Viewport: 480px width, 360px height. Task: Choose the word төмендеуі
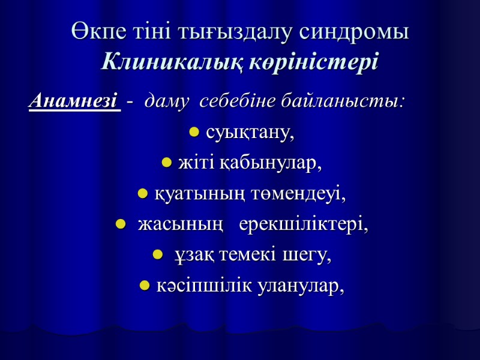(309, 194)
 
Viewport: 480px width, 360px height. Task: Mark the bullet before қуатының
(143, 194)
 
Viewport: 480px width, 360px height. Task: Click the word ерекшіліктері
(304, 225)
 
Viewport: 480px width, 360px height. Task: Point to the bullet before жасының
(119, 226)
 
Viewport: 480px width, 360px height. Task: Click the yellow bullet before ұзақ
(157, 257)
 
